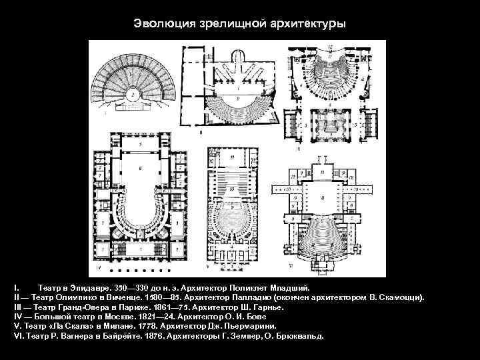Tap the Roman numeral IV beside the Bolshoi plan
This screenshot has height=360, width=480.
(99, 267)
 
